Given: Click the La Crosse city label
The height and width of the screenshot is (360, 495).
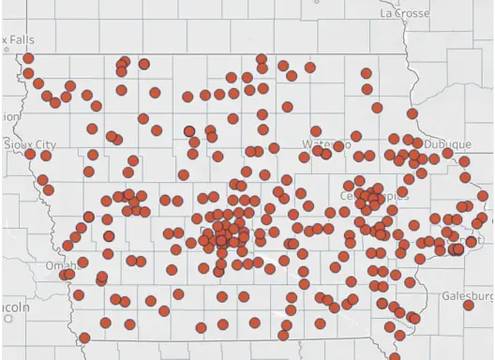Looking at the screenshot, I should coord(405,13).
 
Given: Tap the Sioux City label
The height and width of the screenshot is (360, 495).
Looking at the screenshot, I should coord(30,144).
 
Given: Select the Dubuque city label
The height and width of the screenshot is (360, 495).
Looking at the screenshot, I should coord(447,144).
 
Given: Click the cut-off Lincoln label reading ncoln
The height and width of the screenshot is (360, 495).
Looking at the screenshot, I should coord(14,307).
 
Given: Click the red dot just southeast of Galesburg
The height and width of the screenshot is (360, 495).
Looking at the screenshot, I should coord(468,305).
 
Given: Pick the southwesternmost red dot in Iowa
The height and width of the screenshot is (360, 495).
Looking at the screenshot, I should coord(84,337).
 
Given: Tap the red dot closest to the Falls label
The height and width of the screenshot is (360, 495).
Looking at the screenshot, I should coord(28,58).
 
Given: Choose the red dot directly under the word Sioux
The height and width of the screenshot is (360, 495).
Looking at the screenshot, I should coord(29,154).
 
